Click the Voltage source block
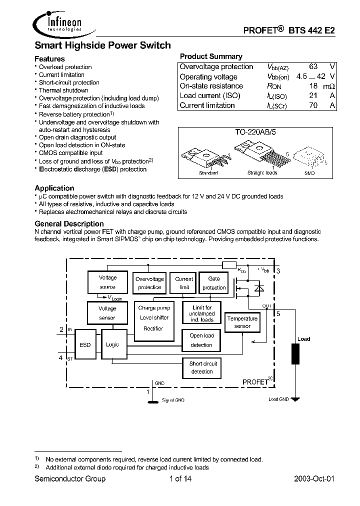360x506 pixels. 107,282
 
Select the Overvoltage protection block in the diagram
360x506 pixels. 149,283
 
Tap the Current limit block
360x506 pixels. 184,283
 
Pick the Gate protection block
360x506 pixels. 213,283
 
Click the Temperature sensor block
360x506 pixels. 242,322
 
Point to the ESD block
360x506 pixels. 85,344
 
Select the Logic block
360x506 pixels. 112,344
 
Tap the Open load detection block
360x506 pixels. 201,340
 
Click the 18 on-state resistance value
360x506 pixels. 314,86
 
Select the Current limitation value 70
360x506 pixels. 314,105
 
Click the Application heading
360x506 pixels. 54,188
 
